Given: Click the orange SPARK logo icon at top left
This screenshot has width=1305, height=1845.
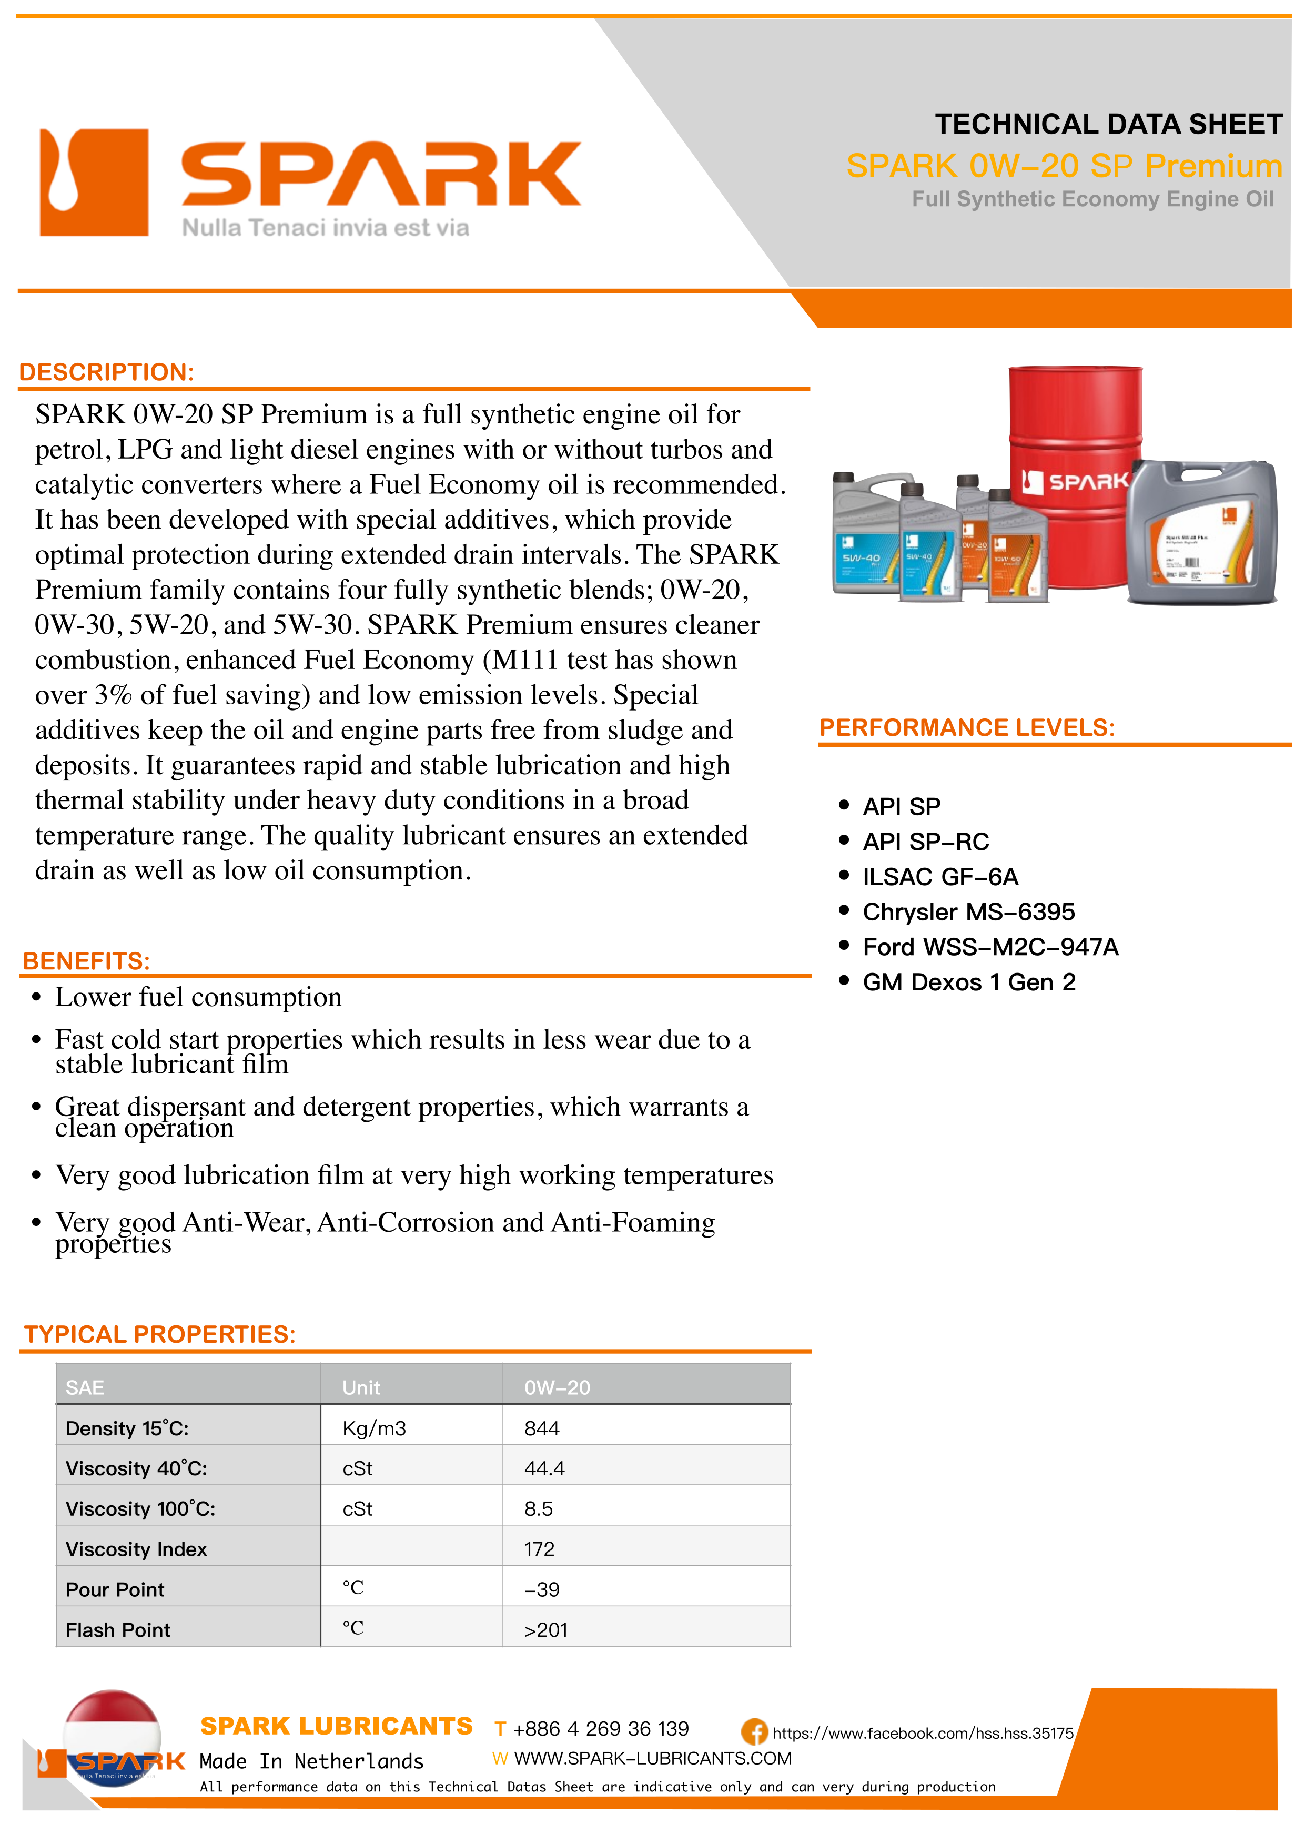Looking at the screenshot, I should [x=94, y=183].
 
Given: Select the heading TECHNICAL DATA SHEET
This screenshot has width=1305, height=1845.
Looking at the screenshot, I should [x=1108, y=125].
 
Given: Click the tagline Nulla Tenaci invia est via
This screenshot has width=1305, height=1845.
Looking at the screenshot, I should [x=326, y=228].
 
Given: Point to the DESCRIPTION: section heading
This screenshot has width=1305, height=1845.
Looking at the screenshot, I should [x=107, y=372].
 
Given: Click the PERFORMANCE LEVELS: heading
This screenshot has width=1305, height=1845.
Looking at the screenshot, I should [x=967, y=728].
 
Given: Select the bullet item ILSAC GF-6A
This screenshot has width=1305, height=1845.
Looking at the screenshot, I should [x=940, y=877].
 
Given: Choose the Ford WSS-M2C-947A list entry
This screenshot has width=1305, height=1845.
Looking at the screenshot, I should [x=990, y=947].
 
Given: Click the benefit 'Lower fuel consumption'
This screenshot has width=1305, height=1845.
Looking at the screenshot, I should [x=198, y=997].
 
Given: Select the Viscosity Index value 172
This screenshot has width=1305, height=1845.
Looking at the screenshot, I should [x=539, y=1549].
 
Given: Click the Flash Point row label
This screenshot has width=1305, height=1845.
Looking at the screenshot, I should [x=118, y=1630].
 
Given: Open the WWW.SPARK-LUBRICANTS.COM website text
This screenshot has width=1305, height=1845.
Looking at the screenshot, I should [x=652, y=1758].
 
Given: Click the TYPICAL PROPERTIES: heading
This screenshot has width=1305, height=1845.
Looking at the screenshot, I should [x=160, y=1335].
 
